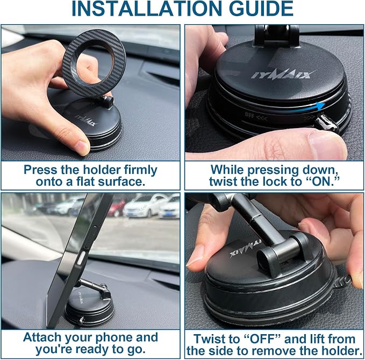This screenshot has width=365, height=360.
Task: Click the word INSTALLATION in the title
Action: (147, 9)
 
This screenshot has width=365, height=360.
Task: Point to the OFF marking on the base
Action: (249, 115)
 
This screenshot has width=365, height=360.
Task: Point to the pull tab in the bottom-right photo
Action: (343, 281)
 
